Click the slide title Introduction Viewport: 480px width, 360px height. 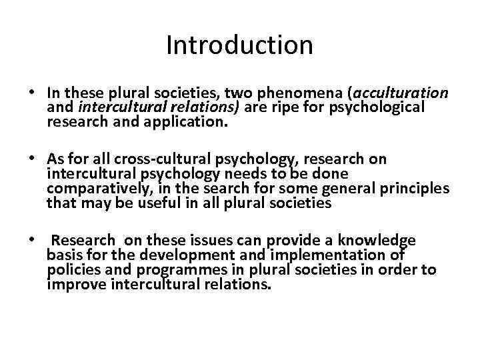239,45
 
